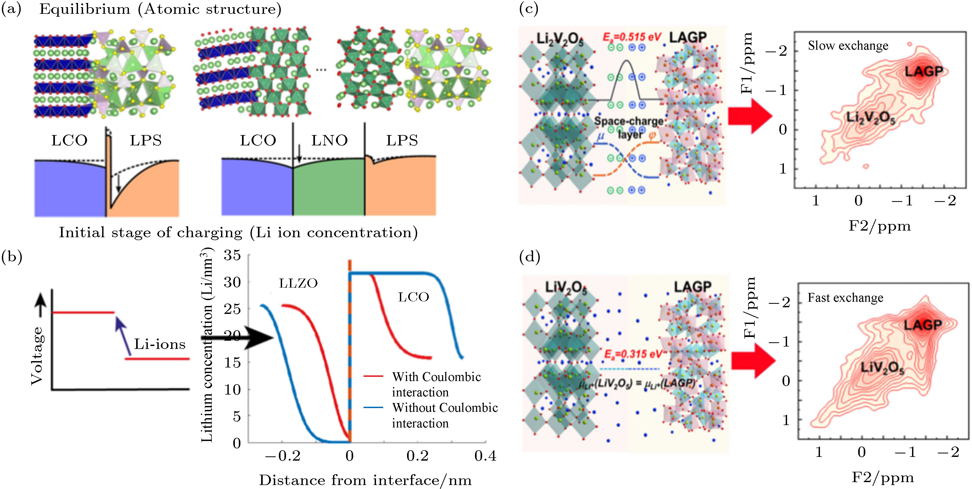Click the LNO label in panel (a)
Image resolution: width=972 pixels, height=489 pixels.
(x=329, y=140)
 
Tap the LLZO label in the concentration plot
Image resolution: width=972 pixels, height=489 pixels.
(x=298, y=283)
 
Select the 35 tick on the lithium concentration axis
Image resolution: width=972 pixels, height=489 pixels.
(x=232, y=256)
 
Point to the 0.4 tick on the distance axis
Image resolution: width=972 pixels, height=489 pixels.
(x=485, y=456)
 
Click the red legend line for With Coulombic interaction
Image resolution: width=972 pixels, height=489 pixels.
(x=373, y=376)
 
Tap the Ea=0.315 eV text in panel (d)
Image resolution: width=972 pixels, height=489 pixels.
(x=633, y=354)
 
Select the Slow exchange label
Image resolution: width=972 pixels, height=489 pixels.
(x=848, y=46)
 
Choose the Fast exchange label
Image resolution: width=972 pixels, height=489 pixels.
(x=845, y=298)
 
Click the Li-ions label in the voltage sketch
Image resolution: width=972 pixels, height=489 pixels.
(x=159, y=344)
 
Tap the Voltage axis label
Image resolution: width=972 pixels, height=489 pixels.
(x=37, y=356)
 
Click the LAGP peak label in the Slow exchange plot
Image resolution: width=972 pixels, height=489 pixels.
(x=924, y=71)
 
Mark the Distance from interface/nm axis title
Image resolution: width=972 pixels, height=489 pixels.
(x=365, y=480)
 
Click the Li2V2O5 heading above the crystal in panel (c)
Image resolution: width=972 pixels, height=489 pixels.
(x=560, y=39)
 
